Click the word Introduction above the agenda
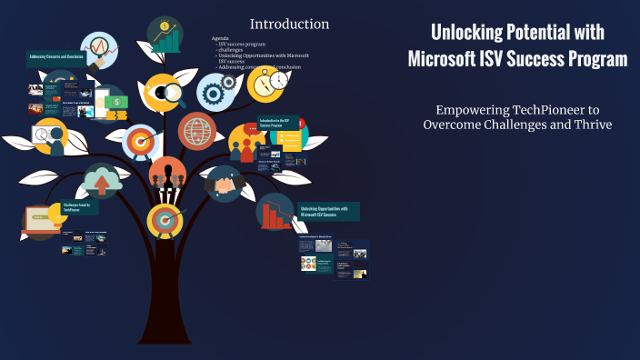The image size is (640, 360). point(289,24)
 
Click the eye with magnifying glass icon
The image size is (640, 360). point(164,93)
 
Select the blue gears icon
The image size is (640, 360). point(215,91)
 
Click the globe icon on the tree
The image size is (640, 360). point(197,131)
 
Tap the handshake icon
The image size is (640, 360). point(223,184)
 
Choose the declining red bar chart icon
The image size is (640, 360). point(274,213)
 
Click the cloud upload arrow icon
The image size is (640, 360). point(103,181)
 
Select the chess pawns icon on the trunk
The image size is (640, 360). point(167,176)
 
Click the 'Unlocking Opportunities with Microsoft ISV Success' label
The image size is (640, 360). point(328,211)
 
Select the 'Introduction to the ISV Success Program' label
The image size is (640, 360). point(275,122)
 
